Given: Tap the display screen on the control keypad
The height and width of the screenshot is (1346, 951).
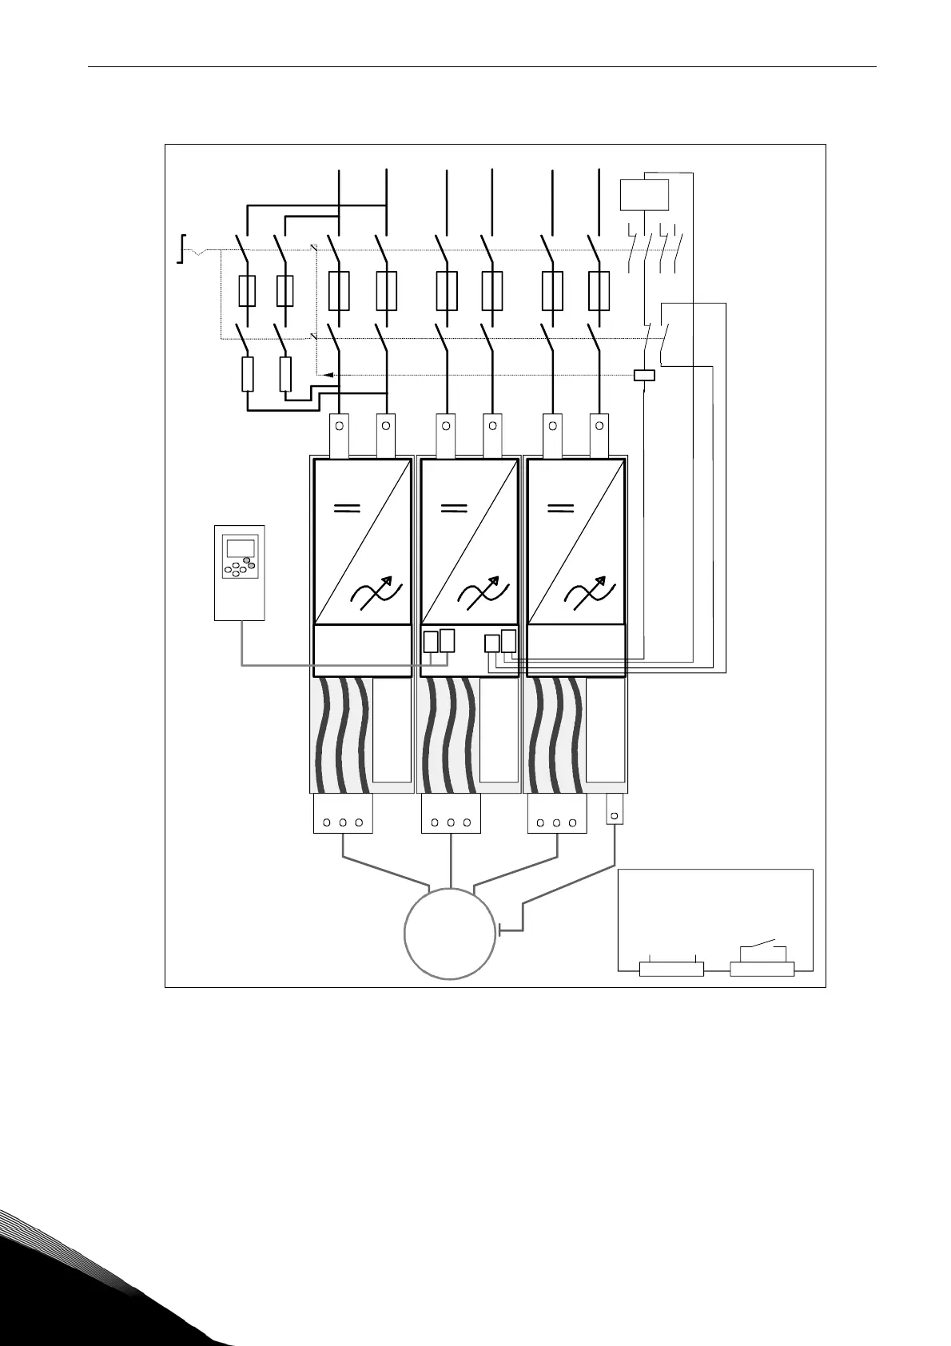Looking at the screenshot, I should [240, 548].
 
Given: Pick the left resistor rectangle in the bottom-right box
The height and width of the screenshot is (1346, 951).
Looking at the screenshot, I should [671, 970].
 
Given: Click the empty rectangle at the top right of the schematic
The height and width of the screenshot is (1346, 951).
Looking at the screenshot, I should [645, 195].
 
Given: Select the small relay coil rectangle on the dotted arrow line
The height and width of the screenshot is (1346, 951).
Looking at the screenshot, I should [644, 375].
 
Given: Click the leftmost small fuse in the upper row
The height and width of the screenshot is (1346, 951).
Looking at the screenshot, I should [247, 290].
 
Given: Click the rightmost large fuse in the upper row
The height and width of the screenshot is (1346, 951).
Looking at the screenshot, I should [599, 290].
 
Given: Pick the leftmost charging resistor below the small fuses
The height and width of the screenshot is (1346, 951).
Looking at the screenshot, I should [248, 374].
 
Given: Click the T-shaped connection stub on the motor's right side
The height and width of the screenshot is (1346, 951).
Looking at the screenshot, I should [502, 930].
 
